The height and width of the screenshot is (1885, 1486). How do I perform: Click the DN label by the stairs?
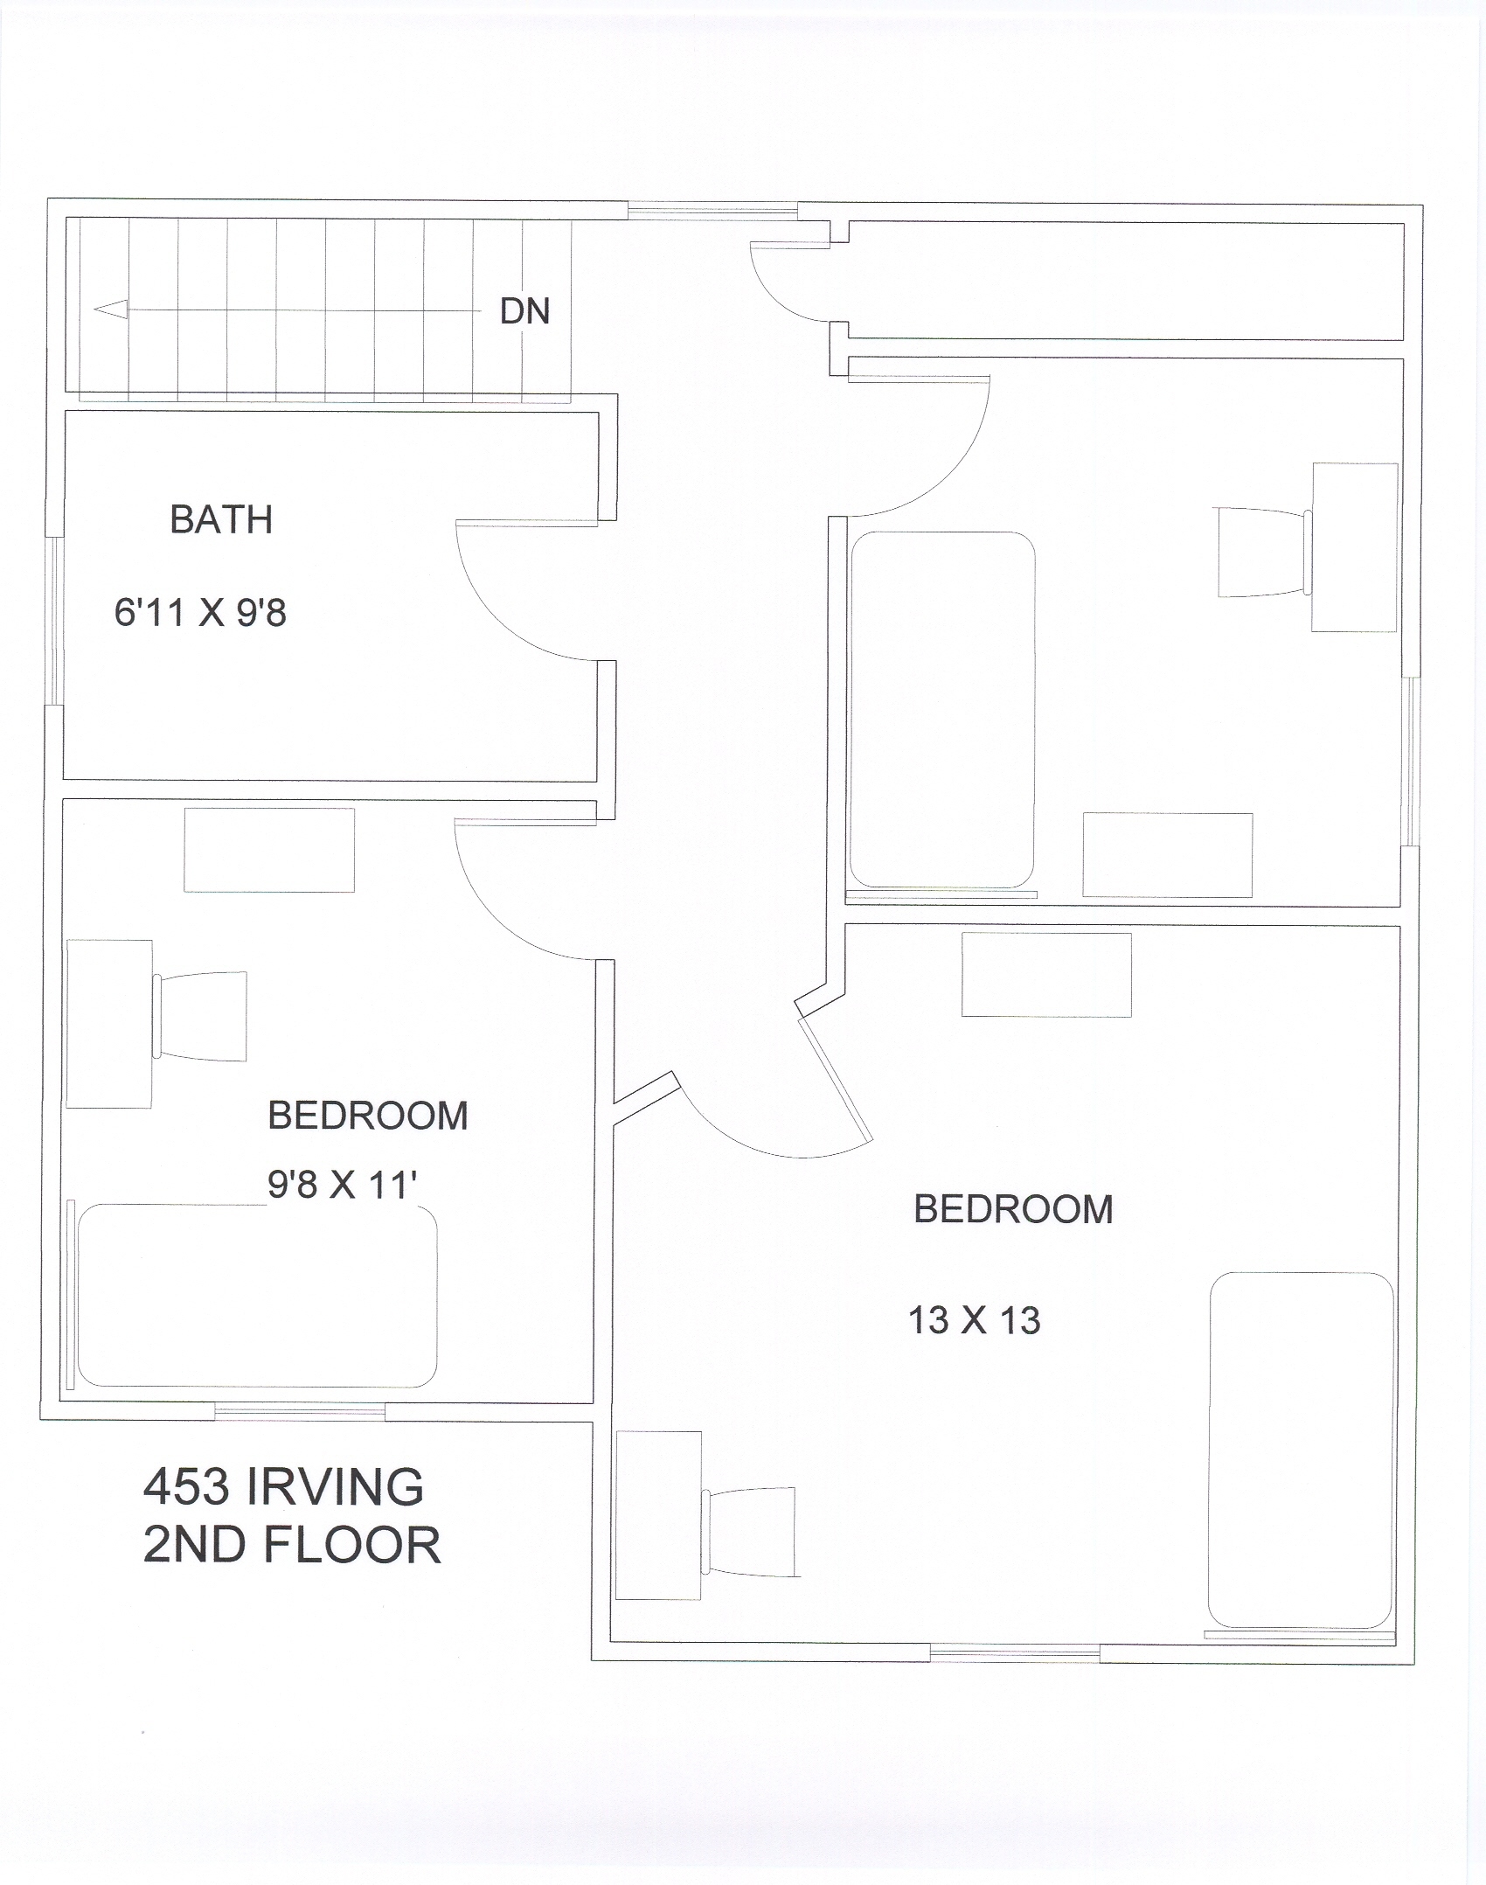point(524,311)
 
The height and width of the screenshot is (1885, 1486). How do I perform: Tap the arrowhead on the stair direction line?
point(110,310)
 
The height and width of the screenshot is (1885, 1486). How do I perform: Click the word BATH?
point(221,520)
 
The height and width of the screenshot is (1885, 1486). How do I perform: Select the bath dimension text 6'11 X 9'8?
point(200,613)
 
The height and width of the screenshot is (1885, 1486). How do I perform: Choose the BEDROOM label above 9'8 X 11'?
point(368,1116)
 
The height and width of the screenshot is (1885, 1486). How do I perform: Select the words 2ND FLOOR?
point(292,1546)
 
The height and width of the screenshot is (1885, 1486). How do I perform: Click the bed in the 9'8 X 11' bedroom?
point(257,1296)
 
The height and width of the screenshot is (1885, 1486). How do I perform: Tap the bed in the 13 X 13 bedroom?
point(1301,1450)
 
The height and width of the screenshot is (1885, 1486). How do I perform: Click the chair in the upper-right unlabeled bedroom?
point(1265,552)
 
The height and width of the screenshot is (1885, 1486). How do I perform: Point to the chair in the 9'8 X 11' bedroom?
point(199,1016)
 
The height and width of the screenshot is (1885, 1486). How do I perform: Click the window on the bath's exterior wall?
point(54,621)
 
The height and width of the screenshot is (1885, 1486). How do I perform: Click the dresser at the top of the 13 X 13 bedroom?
point(1046,975)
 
